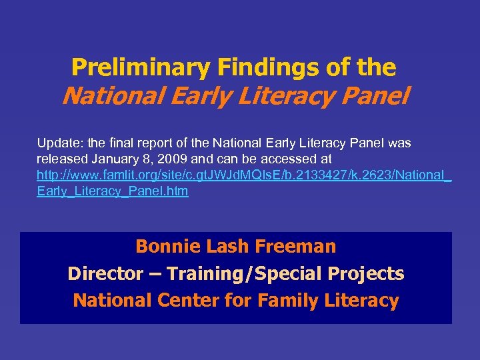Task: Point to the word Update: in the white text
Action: (57, 143)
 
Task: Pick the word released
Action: (61, 159)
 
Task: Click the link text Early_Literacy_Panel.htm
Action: (112, 191)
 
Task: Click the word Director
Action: (105, 274)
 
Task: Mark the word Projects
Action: (371, 274)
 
